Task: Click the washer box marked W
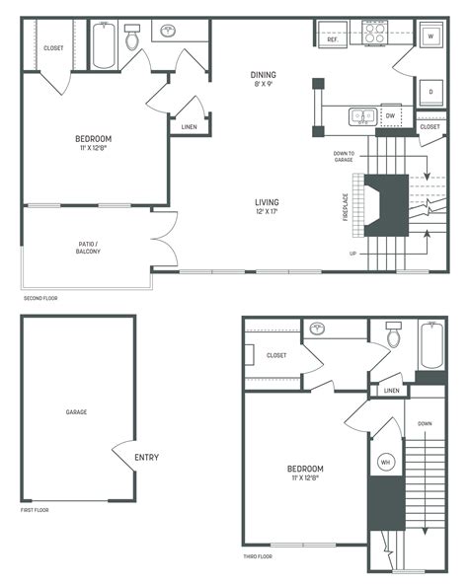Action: pyautogui.click(x=430, y=37)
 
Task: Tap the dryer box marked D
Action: pyautogui.click(x=430, y=92)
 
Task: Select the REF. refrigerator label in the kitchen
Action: pyautogui.click(x=334, y=38)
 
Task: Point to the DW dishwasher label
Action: pyautogui.click(x=390, y=115)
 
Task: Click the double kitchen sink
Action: pyautogui.click(x=359, y=116)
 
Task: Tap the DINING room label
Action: pyautogui.click(x=263, y=75)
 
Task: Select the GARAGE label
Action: pyautogui.click(x=77, y=412)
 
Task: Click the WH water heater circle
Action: pyautogui.click(x=384, y=462)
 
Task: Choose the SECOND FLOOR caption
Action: pyautogui.click(x=41, y=297)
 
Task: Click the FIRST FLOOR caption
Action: pyautogui.click(x=35, y=510)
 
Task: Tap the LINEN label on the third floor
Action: pyautogui.click(x=392, y=391)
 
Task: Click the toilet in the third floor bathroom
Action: pyautogui.click(x=395, y=338)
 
